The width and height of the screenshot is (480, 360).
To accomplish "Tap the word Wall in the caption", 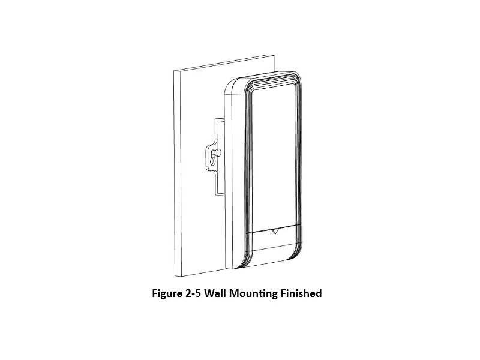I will [225, 294].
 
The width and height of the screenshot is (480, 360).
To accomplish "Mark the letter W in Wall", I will [218, 294].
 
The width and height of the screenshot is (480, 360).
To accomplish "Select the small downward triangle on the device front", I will [274, 230].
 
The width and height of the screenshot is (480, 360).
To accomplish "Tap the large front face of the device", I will [273, 156].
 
